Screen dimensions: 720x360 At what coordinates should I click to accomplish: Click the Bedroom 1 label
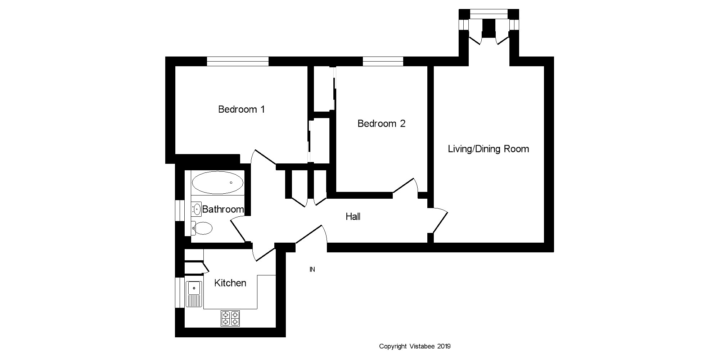(242, 109)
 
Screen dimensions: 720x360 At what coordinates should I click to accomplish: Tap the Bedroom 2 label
(381, 123)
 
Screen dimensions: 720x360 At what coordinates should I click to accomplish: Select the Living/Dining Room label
(488, 149)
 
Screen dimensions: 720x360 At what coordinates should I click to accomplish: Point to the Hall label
(353, 216)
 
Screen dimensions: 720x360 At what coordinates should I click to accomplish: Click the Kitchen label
(230, 283)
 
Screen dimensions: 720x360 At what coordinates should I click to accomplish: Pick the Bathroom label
(223, 209)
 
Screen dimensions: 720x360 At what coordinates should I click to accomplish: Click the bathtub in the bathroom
(217, 183)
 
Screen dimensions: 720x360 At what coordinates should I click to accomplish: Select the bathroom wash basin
(196, 209)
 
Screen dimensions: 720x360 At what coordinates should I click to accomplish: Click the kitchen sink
(194, 294)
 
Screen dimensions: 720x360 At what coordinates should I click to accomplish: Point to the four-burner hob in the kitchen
(230, 318)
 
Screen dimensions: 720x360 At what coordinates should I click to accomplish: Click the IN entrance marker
(312, 269)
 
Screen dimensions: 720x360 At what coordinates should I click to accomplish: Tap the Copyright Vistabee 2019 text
(415, 346)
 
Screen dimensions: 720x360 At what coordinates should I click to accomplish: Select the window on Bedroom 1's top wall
(238, 61)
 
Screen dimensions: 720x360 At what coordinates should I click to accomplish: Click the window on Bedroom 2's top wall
(383, 61)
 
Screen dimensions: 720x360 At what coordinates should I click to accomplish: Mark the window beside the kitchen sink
(180, 292)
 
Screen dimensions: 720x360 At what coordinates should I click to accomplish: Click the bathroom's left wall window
(180, 210)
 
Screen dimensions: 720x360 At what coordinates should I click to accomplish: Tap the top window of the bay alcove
(489, 14)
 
